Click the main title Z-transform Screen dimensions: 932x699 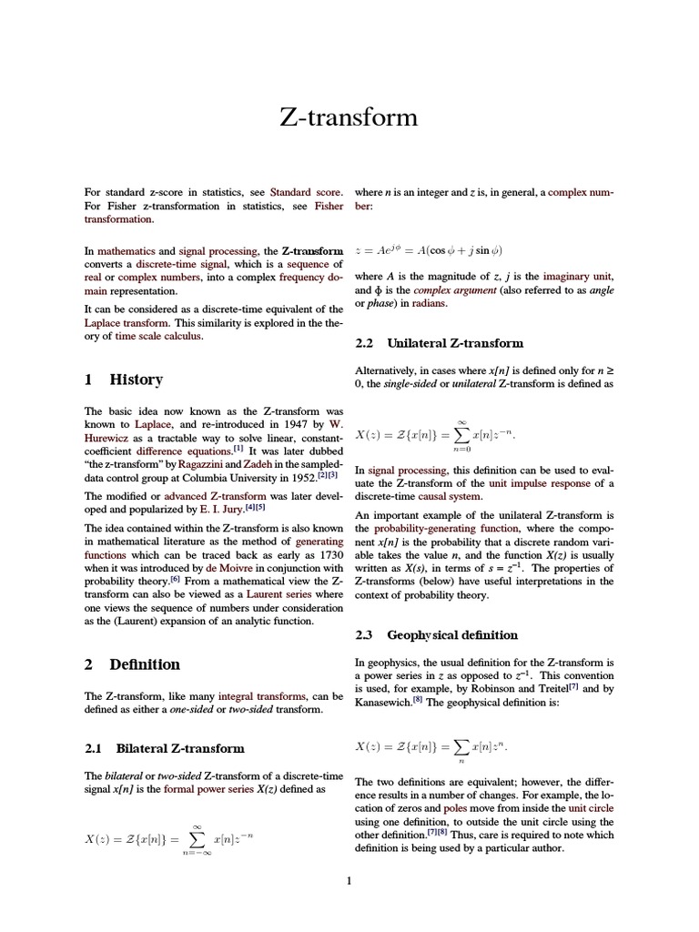pyautogui.click(x=349, y=117)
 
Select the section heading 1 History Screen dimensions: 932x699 pyautogui.click(x=124, y=380)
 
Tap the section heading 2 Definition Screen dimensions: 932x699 pyautogui.click(x=133, y=664)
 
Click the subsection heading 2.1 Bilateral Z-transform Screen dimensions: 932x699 pyautogui.click(x=165, y=748)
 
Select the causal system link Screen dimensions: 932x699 pyautogui.click(x=452, y=496)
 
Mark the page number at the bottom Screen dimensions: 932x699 pyautogui.click(x=349, y=880)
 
